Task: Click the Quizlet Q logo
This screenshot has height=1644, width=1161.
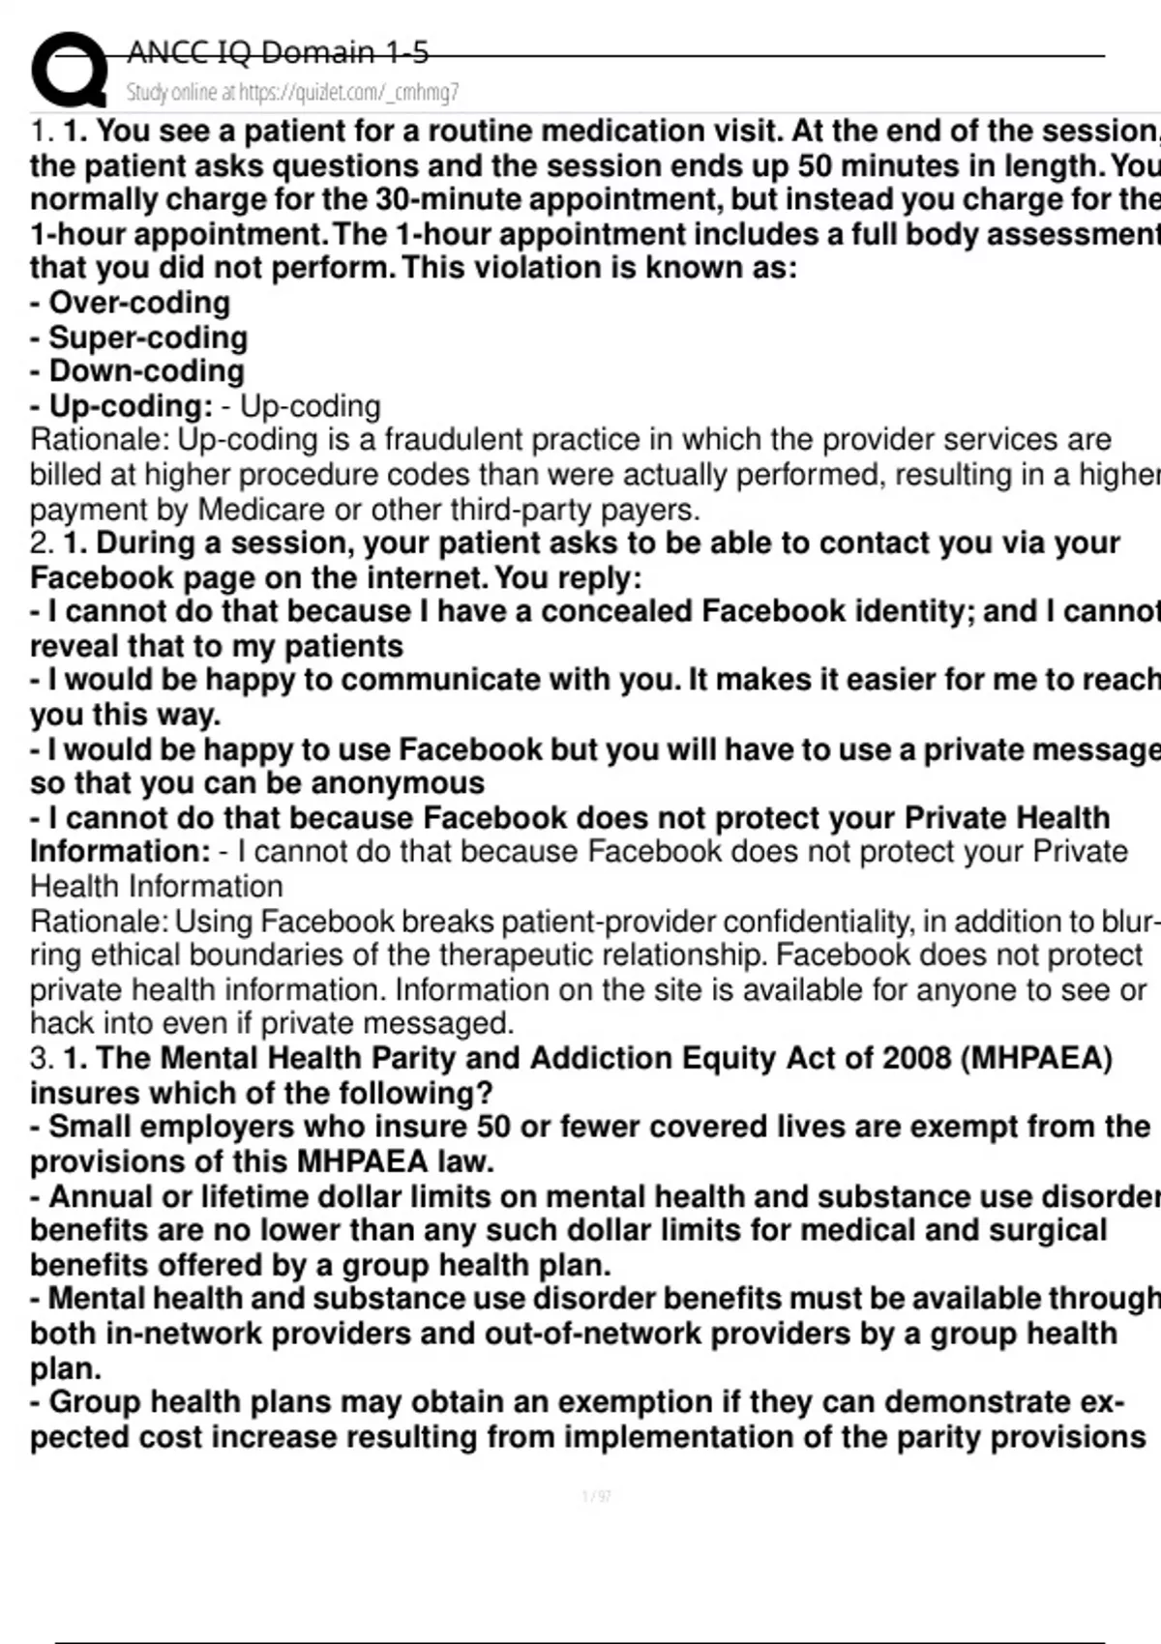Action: pyautogui.click(x=68, y=70)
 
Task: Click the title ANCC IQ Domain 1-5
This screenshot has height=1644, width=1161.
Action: pyautogui.click(x=278, y=52)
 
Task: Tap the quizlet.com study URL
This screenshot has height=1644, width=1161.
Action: pyautogui.click(x=348, y=93)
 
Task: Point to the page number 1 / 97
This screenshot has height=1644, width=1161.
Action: pyautogui.click(x=596, y=1497)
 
